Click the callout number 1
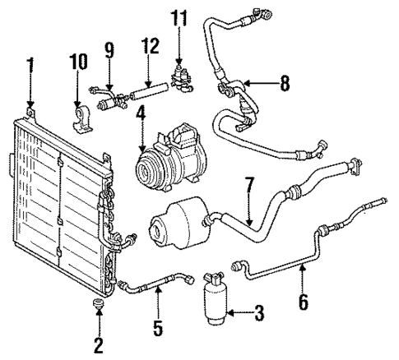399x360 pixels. pos(30,65)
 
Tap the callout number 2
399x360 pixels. pos(99,345)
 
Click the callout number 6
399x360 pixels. pos(304,302)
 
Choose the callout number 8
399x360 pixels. pos(285,82)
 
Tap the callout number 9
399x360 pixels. pos(109,49)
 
